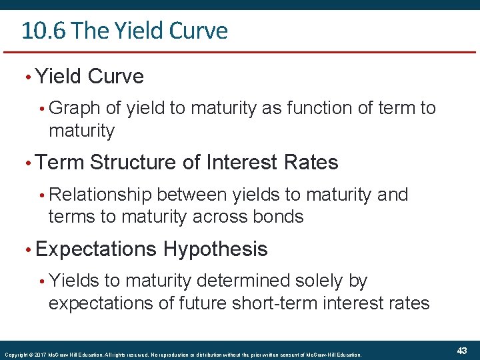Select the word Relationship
101,195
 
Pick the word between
193,195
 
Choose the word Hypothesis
215,249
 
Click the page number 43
462,351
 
